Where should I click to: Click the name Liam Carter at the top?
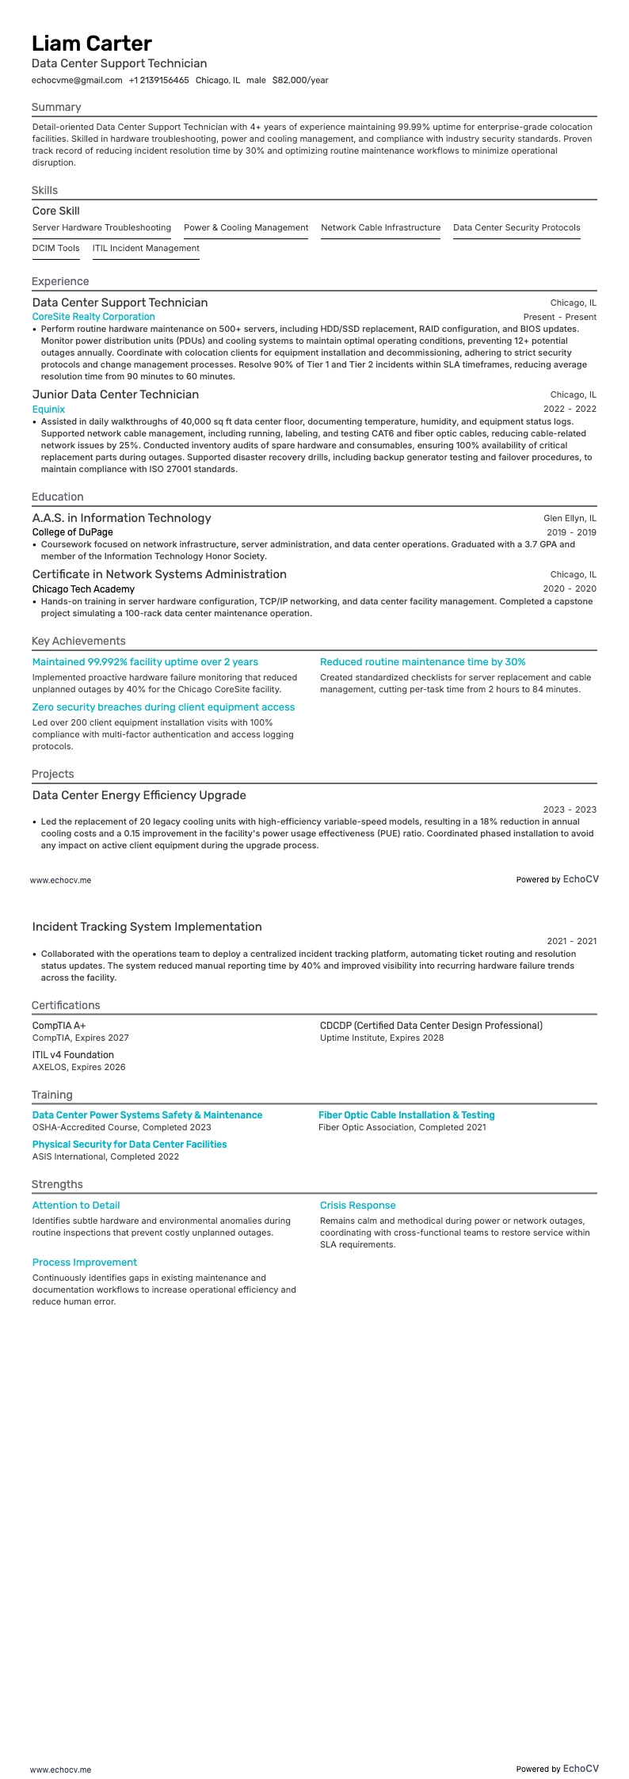pyautogui.click(x=92, y=44)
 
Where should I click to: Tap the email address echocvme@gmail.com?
pyautogui.click(x=77, y=80)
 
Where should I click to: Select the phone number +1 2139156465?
pyautogui.click(x=158, y=80)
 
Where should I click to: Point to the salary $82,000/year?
pyautogui.click(x=300, y=80)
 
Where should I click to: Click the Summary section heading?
pyautogui.click(x=56, y=107)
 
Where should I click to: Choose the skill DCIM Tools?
pyautogui.click(x=55, y=248)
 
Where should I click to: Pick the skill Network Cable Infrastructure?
pyautogui.click(x=380, y=227)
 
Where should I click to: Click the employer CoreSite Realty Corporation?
pyautogui.click(x=93, y=317)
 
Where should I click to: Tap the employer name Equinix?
pyautogui.click(x=48, y=409)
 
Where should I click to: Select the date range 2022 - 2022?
pyautogui.click(x=570, y=409)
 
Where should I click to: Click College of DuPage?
pyautogui.click(x=72, y=532)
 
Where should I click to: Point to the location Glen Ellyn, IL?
pyautogui.click(x=570, y=518)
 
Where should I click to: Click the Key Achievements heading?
pyautogui.click(x=78, y=641)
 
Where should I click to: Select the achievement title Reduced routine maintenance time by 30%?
pyautogui.click(x=422, y=662)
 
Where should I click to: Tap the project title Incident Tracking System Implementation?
pyautogui.click(x=147, y=927)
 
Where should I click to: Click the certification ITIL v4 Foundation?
pyautogui.click(x=73, y=1055)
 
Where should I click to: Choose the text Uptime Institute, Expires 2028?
pyautogui.click(x=382, y=1038)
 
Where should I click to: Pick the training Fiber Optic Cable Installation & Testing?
pyautogui.click(x=406, y=1115)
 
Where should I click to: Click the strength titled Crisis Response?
pyautogui.click(x=357, y=1206)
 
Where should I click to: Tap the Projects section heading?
pyautogui.click(x=52, y=774)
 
